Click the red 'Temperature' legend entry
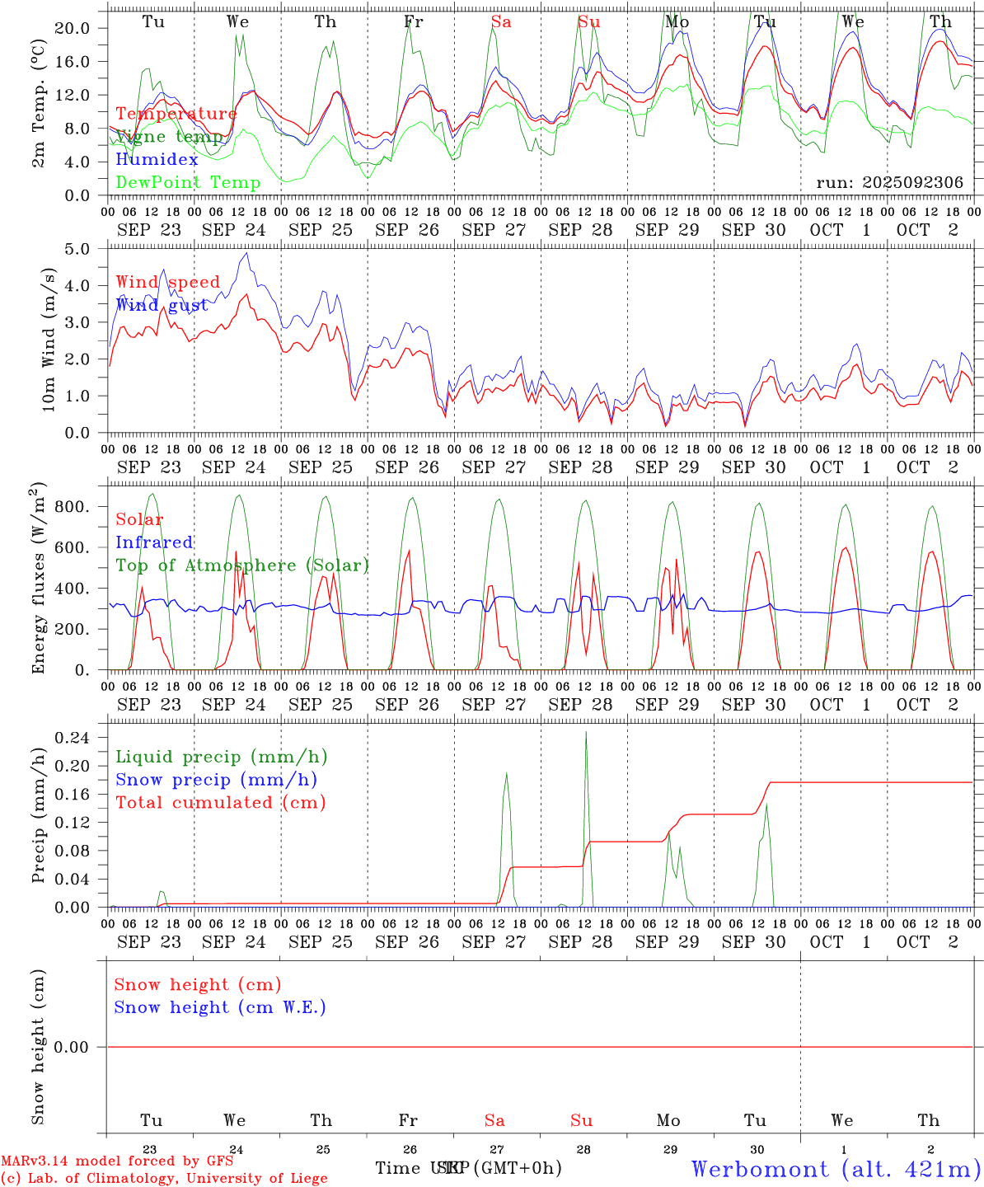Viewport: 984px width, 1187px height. tap(176, 114)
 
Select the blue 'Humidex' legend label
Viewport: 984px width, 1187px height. tap(157, 160)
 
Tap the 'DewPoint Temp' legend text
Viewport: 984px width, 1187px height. tap(188, 183)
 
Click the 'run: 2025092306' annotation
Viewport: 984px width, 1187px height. tap(889, 183)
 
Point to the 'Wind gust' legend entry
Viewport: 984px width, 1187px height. tap(162, 306)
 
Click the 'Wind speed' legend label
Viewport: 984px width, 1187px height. tap(167, 283)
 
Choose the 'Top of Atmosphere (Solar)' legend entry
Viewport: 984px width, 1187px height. tap(241, 565)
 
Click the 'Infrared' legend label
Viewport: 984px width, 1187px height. tap(154, 542)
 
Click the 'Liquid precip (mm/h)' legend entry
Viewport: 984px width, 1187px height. tap(221, 757)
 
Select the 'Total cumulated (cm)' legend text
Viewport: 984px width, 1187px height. tap(220, 803)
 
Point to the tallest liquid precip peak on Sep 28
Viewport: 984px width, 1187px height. tap(586, 732)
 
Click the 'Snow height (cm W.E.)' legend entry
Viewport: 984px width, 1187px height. tap(220, 1007)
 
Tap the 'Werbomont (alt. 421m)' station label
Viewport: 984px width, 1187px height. tap(836, 1169)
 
